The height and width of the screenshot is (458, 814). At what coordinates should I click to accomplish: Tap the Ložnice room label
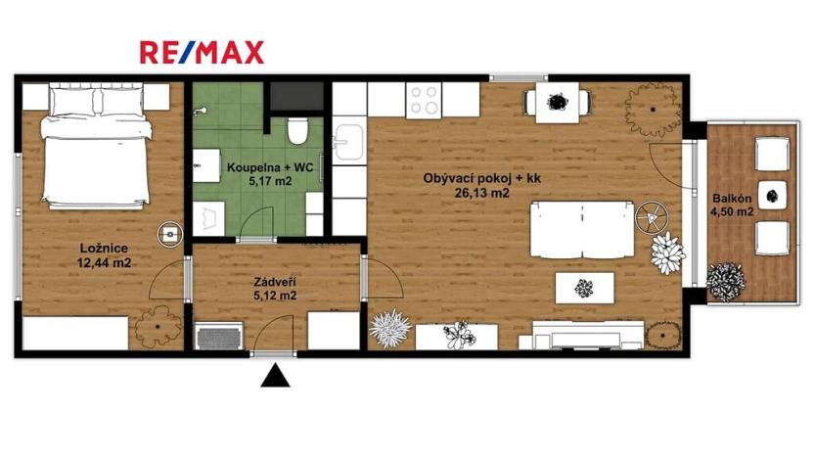point(105,248)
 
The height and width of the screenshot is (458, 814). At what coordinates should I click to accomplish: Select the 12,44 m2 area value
point(105,262)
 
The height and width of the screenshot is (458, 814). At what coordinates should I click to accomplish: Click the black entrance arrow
point(277,375)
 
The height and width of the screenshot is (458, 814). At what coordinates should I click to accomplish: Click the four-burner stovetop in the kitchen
point(425,98)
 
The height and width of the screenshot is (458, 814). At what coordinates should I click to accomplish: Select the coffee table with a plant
point(584,288)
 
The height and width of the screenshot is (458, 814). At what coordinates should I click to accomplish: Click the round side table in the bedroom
point(172,233)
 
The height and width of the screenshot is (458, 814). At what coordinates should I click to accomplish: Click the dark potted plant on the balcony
point(726,281)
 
